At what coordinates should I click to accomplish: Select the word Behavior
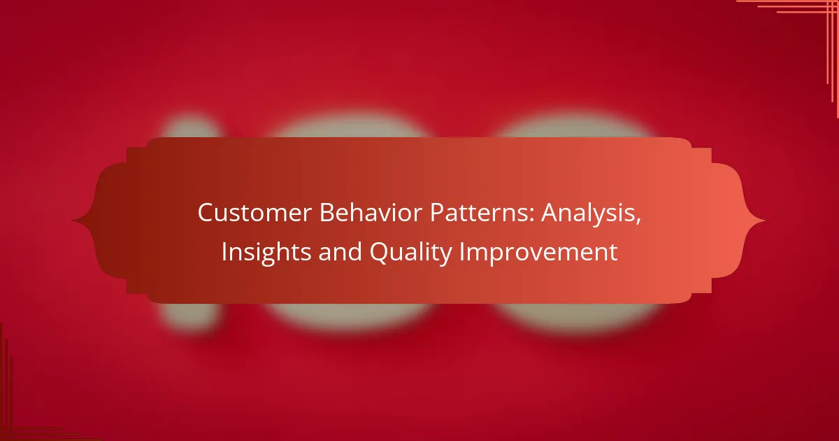371,213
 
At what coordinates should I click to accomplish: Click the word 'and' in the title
340,251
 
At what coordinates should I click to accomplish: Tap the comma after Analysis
638,221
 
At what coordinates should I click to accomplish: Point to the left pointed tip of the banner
72,220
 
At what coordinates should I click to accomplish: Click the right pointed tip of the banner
765,220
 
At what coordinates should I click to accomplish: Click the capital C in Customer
207,213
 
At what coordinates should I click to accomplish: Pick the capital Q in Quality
380,253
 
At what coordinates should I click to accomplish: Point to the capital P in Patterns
438,213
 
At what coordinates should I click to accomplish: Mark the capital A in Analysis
551,213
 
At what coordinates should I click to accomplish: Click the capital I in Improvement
462,251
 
